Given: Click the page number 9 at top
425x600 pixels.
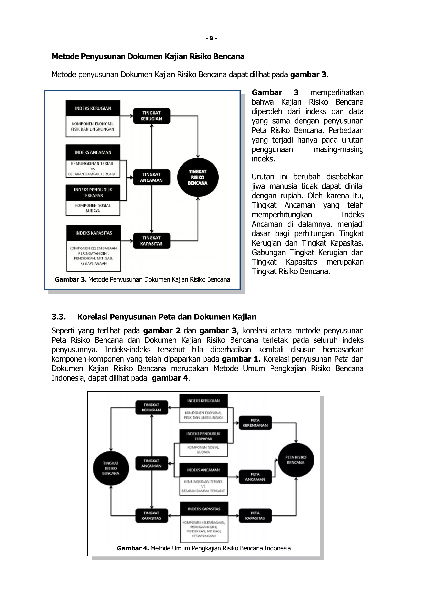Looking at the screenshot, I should coord(211,38).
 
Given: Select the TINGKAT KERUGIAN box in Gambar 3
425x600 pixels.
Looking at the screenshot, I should coord(151,116).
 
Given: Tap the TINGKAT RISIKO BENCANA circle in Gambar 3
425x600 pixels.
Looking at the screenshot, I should coord(198,177).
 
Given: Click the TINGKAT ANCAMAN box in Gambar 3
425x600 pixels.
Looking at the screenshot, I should coord(151,177).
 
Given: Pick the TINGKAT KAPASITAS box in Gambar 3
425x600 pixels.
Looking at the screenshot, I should coord(151,241).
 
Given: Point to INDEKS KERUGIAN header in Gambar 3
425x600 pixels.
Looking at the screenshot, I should coord(93,108).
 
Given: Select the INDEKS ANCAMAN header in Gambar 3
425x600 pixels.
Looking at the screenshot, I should coord(93,152).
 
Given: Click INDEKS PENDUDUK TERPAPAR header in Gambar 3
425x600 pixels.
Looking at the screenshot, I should coord(93,193).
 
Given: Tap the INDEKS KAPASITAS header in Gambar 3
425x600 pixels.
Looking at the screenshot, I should coord(94,233).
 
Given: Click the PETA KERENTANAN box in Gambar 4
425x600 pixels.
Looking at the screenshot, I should coord(255,423).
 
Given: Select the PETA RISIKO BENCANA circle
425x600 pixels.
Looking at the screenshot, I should coord(296,460).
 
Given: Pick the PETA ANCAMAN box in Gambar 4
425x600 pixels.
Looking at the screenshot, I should coord(255,477).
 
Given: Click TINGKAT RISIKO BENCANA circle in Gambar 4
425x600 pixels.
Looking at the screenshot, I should coord(111,468).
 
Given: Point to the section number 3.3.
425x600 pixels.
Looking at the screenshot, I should coord(58,317).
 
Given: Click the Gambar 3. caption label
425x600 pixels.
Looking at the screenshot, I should coord(70,280).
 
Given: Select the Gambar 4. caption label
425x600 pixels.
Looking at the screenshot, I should coord(133,548).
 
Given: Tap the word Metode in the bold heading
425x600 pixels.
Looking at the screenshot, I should coord(65,56).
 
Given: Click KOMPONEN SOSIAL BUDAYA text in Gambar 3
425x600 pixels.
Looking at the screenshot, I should coord(93,208).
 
